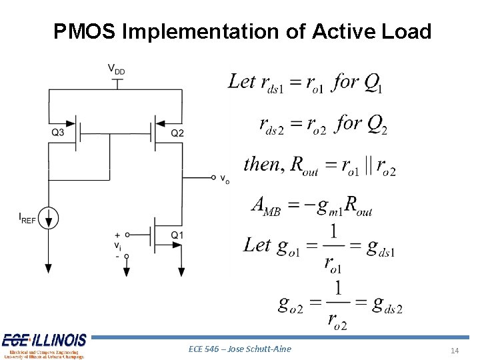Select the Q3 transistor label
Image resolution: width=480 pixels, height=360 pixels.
[x=58, y=133]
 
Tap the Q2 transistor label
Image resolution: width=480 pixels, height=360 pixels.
[x=177, y=133]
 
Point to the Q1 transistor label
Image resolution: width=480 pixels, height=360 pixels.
[x=177, y=235]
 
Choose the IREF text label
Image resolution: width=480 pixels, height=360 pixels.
[x=28, y=217]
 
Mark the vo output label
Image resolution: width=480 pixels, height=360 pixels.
[x=225, y=180]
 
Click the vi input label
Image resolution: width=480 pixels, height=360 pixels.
[x=117, y=245]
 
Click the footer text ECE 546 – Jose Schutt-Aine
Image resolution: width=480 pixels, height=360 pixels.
[x=240, y=349]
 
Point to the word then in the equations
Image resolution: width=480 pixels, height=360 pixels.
[x=261, y=164]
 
